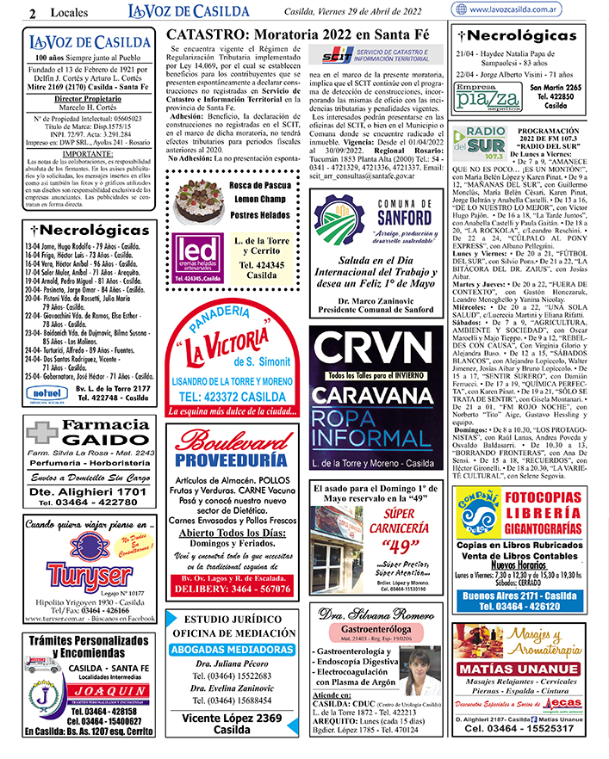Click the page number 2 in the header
(x=32, y=12)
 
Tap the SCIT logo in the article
(x=332, y=57)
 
